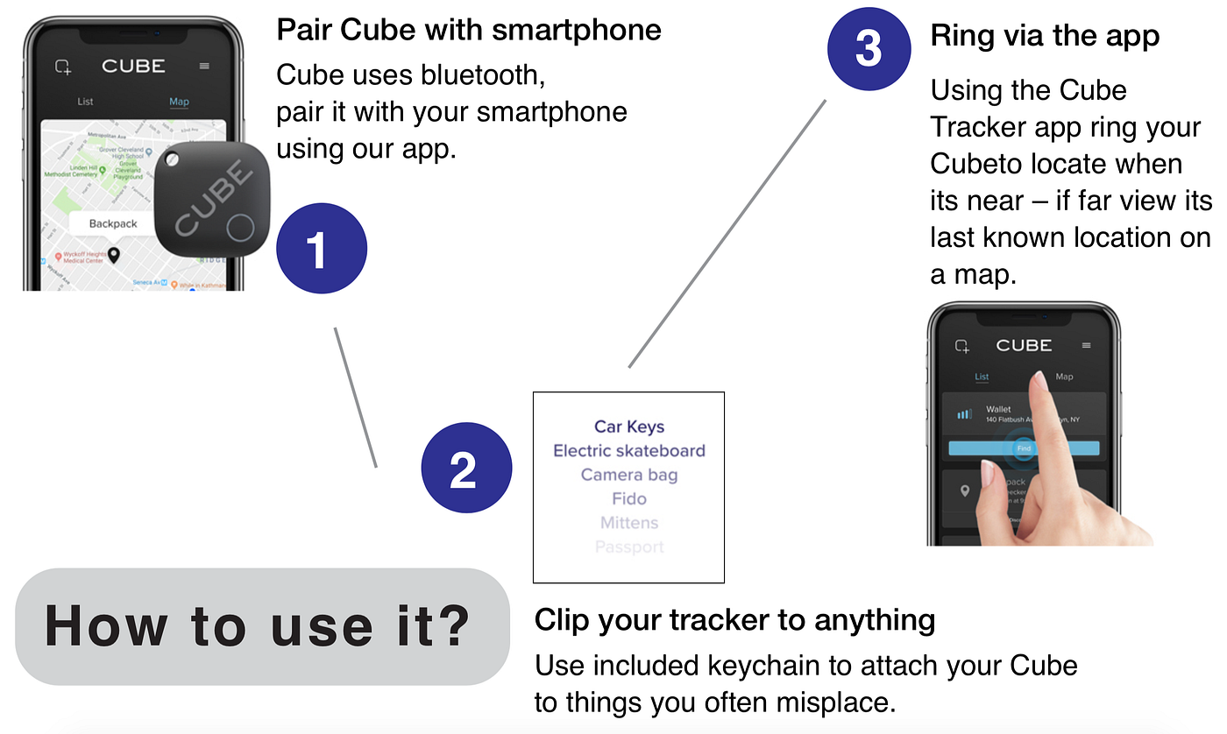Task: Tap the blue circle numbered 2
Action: tap(465, 468)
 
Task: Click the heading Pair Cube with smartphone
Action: tap(469, 30)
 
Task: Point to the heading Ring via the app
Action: tap(1045, 36)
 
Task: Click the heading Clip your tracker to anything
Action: tap(734, 620)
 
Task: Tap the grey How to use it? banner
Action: tap(261, 626)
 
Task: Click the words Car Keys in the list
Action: tap(629, 427)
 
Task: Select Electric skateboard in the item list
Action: tap(629, 451)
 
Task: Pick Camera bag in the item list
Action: tap(629, 475)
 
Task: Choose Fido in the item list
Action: tap(629, 498)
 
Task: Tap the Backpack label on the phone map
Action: tap(113, 223)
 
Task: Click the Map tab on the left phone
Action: tap(179, 102)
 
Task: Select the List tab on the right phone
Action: tap(982, 377)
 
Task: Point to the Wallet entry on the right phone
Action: tap(998, 409)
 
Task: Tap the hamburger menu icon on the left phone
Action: tap(204, 66)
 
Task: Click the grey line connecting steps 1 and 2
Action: tap(356, 398)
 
